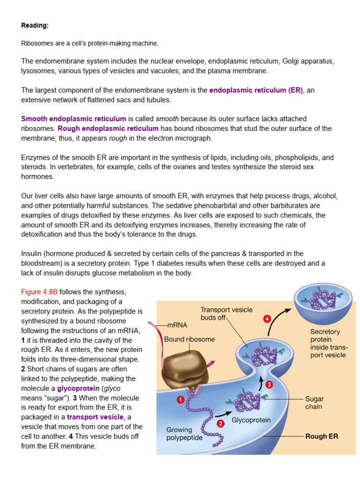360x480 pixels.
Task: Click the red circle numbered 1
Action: pos(180,400)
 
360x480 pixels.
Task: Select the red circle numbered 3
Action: pos(269,384)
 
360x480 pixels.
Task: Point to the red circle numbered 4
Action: pos(267,319)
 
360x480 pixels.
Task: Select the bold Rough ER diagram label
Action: pos(322,436)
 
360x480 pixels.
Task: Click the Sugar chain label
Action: pos(314,403)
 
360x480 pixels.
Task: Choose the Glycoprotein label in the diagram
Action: pos(251,420)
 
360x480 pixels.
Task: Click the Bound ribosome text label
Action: pos(189,339)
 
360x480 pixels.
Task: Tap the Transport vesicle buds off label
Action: pos(226,314)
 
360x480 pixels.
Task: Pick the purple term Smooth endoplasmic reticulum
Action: pos(74,119)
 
